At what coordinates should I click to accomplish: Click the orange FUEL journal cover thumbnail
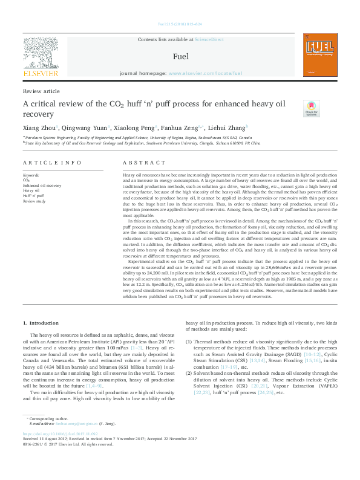pos(320,56)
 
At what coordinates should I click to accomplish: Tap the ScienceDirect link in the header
pos(208,39)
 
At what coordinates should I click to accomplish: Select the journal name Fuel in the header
pos(180,57)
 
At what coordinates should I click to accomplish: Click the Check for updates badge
pos(311,108)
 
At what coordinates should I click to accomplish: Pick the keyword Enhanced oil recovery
pos(42,185)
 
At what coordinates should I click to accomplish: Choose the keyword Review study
pos(34,201)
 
